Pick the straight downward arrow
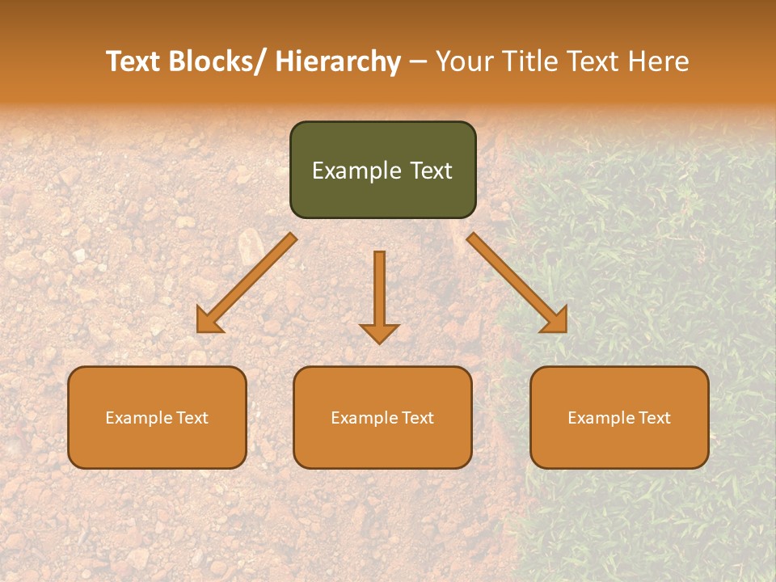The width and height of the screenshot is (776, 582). point(379,295)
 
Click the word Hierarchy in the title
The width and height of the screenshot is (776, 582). point(338,61)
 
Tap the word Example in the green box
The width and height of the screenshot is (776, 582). point(356,171)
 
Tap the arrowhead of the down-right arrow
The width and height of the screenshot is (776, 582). point(556,322)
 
